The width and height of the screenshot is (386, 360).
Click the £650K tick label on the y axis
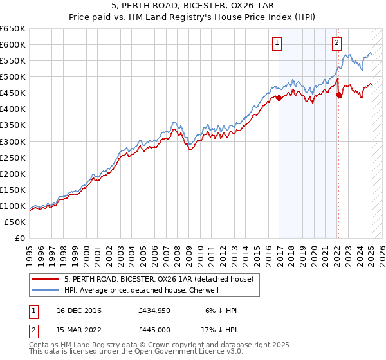coord(13,29)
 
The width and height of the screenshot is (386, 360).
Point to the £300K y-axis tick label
coord(13,141)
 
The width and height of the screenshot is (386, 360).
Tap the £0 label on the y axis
coord(20,238)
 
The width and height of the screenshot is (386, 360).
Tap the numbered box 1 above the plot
coord(277,44)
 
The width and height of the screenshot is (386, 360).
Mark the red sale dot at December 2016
coord(279,98)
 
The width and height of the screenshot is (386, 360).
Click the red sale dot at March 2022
coord(338,94)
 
